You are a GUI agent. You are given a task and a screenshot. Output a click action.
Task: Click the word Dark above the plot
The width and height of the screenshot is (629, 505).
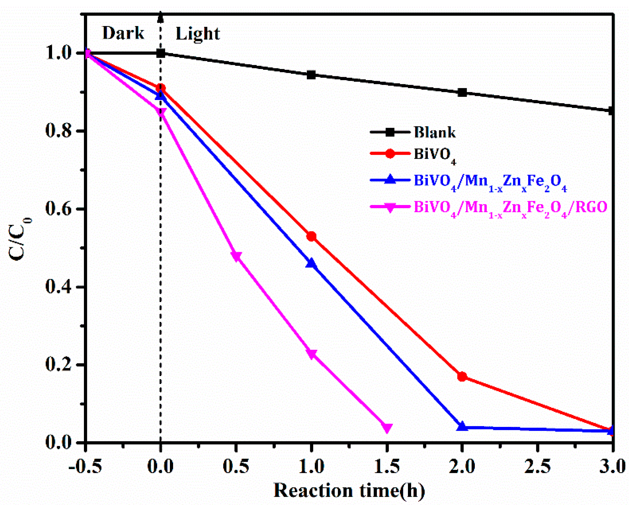[x=123, y=33]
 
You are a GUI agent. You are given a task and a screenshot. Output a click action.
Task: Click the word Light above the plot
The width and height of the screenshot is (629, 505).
[x=198, y=34]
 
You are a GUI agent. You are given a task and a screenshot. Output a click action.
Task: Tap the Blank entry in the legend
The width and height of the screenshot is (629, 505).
[x=435, y=132]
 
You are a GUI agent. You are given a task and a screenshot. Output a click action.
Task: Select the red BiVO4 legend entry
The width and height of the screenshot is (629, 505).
[x=435, y=154]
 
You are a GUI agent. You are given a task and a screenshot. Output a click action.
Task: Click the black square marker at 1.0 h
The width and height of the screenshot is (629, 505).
[x=311, y=75]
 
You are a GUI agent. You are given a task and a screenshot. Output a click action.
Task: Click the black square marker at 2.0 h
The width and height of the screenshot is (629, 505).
[x=462, y=93]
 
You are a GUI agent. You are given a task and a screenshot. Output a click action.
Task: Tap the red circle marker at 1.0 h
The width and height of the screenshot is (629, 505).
[x=311, y=236]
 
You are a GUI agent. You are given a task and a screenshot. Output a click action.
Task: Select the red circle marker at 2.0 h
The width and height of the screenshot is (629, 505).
[x=462, y=377]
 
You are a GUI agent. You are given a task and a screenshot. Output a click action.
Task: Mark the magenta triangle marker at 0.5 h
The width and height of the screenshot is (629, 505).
[x=236, y=256]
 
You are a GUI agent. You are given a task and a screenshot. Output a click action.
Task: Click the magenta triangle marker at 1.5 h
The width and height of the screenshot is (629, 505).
[x=387, y=428]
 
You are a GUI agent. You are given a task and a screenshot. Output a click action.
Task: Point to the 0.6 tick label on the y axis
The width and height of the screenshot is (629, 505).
[x=58, y=209]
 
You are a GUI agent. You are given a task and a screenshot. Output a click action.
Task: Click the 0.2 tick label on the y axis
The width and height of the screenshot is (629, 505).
[x=58, y=365]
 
